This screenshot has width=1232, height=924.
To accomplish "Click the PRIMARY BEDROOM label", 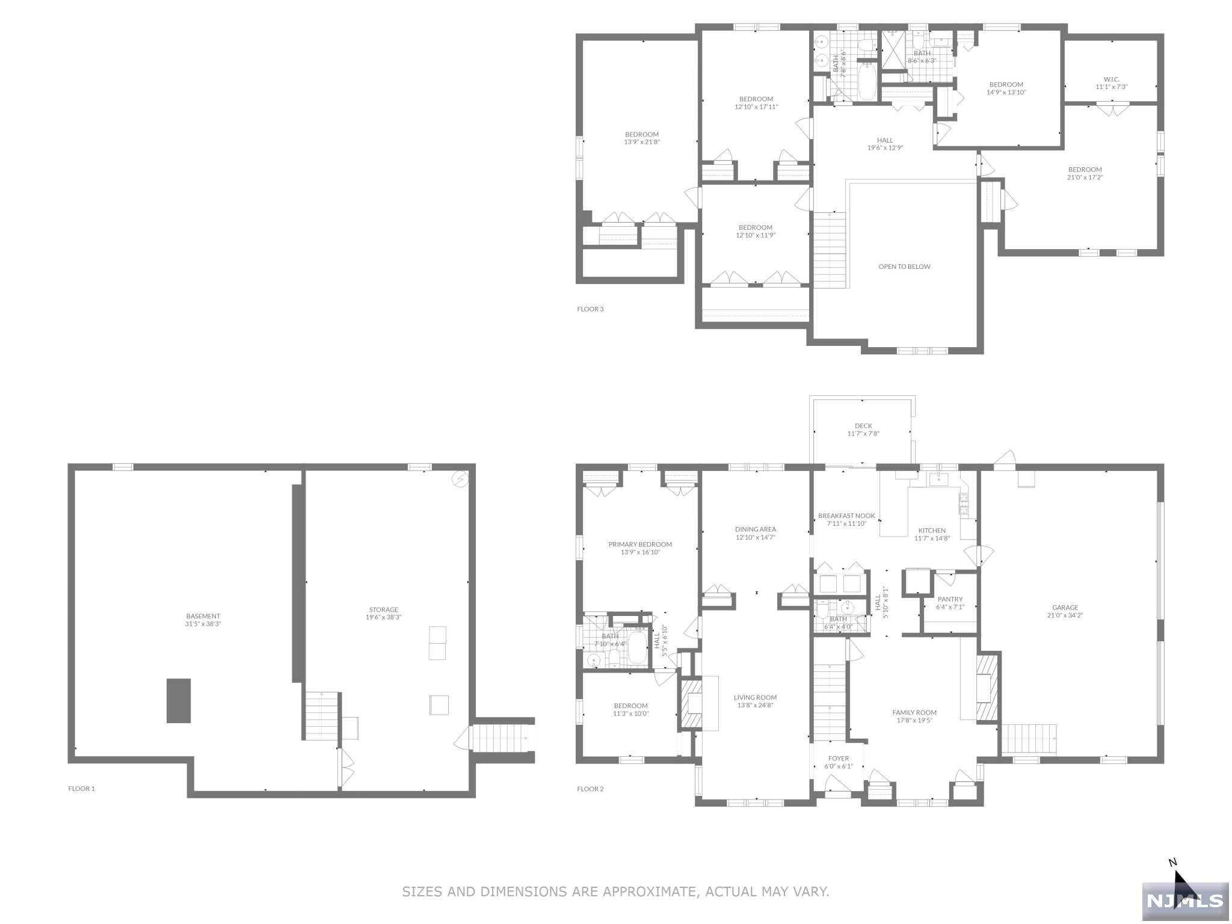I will click(x=640, y=544).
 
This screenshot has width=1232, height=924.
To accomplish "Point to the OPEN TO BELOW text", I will click(x=904, y=266).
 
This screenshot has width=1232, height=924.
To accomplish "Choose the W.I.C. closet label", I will click(x=1111, y=79).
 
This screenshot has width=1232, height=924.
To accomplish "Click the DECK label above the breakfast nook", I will click(x=863, y=426).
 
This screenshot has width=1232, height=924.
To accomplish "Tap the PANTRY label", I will click(x=950, y=599).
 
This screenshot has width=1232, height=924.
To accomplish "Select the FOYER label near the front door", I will click(x=838, y=759).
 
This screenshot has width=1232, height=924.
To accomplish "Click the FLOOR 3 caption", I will click(x=590, y=309).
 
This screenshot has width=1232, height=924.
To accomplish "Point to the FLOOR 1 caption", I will click(x=81, y=789).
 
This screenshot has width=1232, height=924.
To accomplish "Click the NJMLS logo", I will click(x=1184, y=901).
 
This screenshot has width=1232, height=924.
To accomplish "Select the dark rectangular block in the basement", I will click(x=179, y=701).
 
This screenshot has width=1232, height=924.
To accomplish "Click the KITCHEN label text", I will click(x=932, y=531).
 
